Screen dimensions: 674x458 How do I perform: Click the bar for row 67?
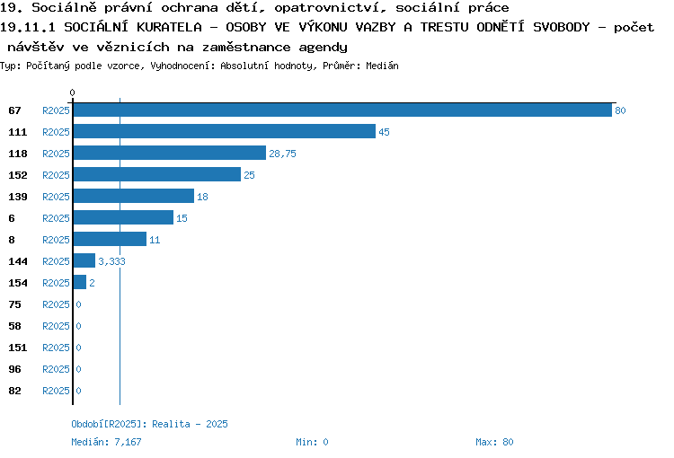tap(342, 110)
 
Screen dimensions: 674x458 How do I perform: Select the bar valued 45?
tap(225, 131)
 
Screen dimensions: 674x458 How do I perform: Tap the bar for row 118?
tap(170, 153)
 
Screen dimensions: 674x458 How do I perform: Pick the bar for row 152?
tap(157, 174)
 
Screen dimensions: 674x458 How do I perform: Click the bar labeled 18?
tap(134, 196)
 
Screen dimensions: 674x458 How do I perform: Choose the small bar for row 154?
tap(80, 282)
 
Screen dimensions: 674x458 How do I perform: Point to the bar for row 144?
tap(84, 260)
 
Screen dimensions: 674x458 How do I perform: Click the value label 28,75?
tap(282, 154)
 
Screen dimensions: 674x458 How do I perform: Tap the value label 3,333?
tap(111, 261)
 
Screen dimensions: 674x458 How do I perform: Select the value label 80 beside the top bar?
tap(620, 110)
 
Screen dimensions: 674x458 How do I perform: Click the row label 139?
tap(18, 197)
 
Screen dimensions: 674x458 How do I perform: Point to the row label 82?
tap(14, 391)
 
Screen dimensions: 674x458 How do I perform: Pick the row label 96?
tap(14, 369)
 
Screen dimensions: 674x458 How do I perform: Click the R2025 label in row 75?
tap(56, 304)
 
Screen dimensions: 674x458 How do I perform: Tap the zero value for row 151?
tap(79, 348)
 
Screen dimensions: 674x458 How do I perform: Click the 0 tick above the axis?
tap(72, 92)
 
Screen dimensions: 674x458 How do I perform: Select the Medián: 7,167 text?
tap(106, 442)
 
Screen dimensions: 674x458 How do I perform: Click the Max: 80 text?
tap(494, 442)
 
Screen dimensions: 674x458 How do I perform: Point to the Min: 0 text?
tap(312, 442)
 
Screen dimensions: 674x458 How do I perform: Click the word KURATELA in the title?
tap(169, 27)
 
